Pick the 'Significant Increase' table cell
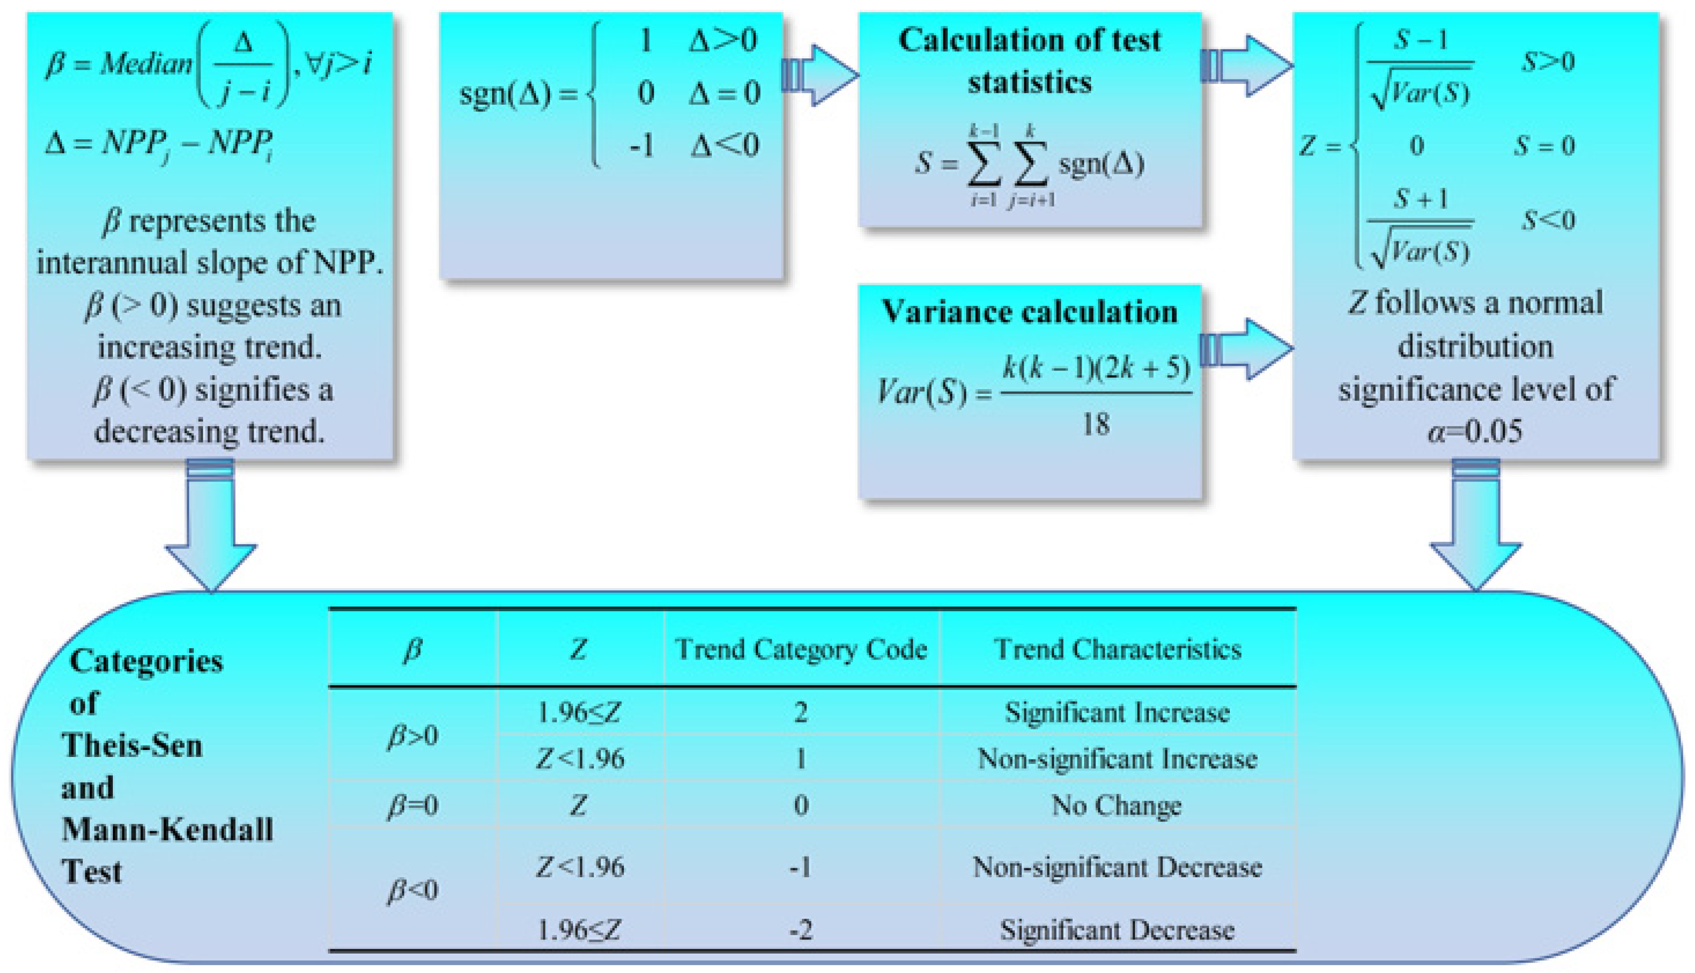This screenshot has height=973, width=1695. tap(1118, 713)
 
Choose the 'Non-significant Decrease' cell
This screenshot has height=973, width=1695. tap(1118, 867)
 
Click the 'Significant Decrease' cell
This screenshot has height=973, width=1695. tap(1118, 930)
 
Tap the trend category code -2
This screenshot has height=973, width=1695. tap(801, 930)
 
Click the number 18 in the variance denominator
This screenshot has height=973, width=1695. tap(1096, 424)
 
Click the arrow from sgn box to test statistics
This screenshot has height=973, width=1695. tap(820, 75)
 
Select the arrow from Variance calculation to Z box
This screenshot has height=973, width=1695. tap(1246, 349)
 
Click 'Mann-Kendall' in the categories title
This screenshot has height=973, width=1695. tap(167, 830)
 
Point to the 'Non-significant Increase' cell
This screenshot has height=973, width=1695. tap(1118, 759)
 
